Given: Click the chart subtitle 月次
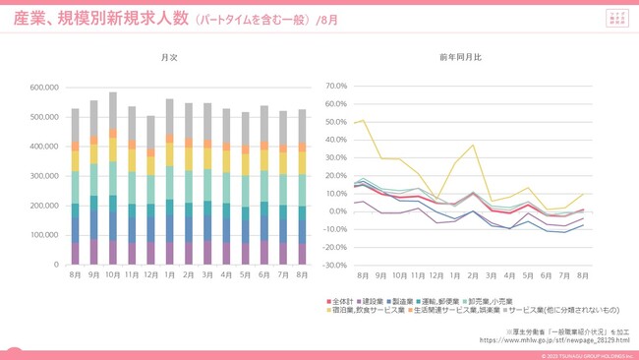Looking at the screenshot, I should [169, 59].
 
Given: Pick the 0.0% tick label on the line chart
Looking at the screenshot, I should [337, 211].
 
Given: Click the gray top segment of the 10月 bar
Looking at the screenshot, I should [113, 110].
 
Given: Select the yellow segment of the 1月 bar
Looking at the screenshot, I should [170, 154].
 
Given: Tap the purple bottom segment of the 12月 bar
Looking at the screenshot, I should [150, 253].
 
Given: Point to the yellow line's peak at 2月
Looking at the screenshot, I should [473, 146].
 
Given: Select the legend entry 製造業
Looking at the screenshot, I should [421, 299].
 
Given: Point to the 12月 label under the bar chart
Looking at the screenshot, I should [150, 276].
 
